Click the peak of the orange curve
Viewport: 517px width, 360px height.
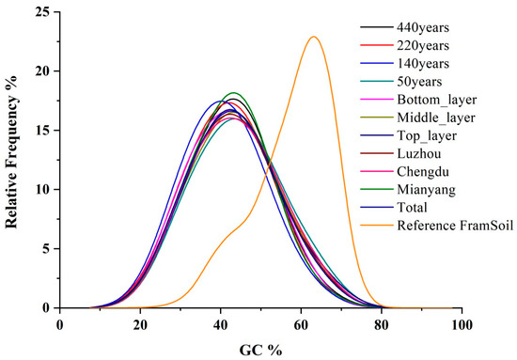313,37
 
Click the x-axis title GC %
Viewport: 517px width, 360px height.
260,347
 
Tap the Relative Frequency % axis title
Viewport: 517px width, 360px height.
13,160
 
